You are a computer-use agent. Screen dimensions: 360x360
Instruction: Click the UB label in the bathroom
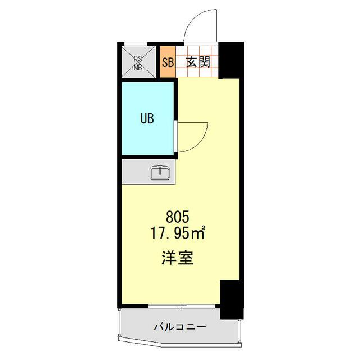[147, 119]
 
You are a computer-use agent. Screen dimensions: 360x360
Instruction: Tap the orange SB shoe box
[168, 62]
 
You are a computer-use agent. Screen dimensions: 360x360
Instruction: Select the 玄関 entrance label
[199, 62]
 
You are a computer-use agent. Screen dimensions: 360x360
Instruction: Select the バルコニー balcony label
[179, 326]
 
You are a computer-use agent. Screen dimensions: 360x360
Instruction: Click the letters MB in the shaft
[138, 67]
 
